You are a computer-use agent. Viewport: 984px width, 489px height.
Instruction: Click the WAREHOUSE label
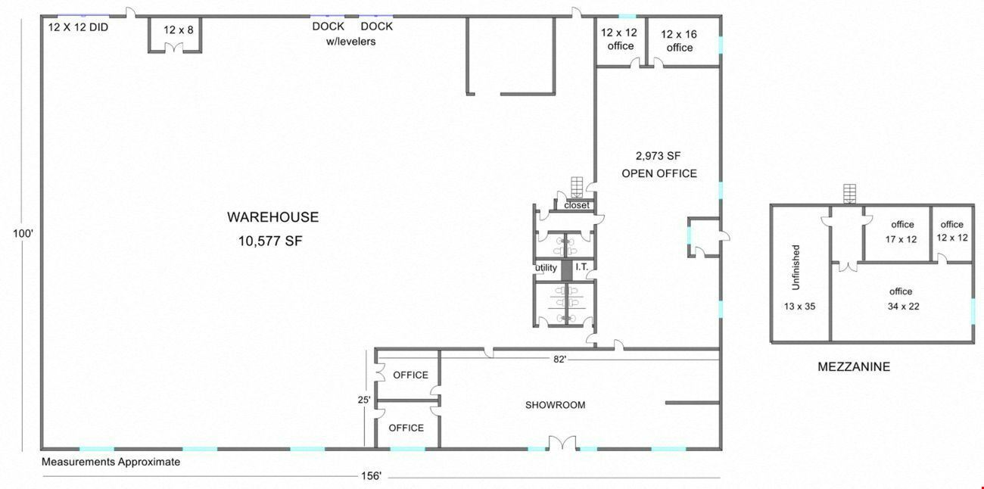pyautogui.click(x=272, y=217)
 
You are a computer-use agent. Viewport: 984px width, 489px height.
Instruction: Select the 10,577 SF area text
pyautogui.click(x=270, y=241)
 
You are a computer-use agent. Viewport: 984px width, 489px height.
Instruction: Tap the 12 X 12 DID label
pyautogui.click(x=78, y=27)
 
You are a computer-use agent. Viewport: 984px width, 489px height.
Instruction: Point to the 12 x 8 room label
pyautogui.click(x=179, y=30)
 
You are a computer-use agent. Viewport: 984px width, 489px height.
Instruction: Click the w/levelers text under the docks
pyautogui.click(x=351, y=42)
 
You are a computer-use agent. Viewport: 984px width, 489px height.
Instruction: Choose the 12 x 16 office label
pyautogui.click(x=679, y=41)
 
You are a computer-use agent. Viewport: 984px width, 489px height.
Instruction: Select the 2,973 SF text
pyautogui.click(x=658, y=155)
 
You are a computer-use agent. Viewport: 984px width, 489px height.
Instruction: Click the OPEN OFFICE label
pyautogui.click(x=659, y=173)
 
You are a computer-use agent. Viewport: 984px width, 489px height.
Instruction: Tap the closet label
pyautogui.click(x=577, y=205)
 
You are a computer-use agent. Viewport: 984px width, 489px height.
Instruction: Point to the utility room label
pyautogui.click(x=546, y=267)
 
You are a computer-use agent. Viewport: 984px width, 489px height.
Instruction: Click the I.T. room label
pyautogui.click(x=581, y=266)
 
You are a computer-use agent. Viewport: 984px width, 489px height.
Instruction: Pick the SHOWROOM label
pyautogui.click(x=556, y=405)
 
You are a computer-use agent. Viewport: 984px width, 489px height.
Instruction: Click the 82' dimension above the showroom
pyautogui.click(x=559, y=360)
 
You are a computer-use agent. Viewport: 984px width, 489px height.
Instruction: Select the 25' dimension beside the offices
pyautogui.click(x=364, y=400)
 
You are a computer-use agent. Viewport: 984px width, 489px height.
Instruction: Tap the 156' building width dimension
pyautogui.click(x=371, y=476)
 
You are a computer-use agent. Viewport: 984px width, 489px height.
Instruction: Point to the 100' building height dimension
pyautogui.click(x=23, y=233)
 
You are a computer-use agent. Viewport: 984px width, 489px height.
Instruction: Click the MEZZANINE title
pyautogui.click(x=854, y=366)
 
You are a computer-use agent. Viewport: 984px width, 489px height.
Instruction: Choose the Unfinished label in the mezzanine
pyautogui.click(x=796, y=267)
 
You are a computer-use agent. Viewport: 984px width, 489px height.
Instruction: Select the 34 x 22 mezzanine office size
pyautogui.click(x=903, y=307)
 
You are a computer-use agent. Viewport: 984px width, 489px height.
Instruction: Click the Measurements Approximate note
pyautogui.click(x=111, y=462)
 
